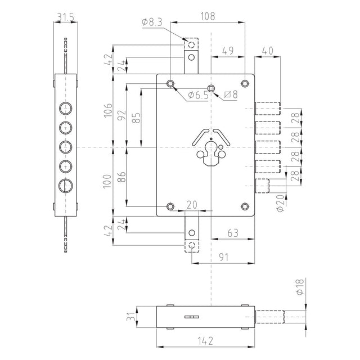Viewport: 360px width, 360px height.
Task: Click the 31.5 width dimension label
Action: pos(66,17)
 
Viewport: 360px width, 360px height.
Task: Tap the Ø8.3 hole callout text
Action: pos(152,22)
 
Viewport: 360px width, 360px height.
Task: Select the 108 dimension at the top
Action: pos(208,16)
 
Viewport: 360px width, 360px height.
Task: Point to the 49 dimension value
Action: pos(228,51)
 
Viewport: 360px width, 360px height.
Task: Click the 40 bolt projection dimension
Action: pos(268,51)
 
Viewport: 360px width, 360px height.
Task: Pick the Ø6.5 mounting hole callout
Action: pos(199,95)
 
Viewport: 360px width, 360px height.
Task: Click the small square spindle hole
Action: pos(211,88)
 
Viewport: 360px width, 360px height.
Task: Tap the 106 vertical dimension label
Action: pos(108,110)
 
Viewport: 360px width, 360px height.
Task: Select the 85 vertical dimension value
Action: pos(137,118)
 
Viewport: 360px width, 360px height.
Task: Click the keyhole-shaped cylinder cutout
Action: pos(211,154)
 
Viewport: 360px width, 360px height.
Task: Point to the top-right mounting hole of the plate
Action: pos(245,83)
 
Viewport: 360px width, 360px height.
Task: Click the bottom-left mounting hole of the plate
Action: pos(170,206)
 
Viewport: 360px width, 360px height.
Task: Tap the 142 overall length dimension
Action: pos(205,341)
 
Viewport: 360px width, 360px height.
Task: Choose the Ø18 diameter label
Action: pos(300,287)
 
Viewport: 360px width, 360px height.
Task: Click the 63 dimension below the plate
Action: pos(233,233)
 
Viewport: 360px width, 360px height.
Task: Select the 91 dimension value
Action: pos(224,257)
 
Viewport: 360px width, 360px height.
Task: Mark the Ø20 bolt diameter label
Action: pos(280,203)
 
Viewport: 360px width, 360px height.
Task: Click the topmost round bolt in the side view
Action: pos(66,109)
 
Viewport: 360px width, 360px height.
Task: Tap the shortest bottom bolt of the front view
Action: pos(262,186)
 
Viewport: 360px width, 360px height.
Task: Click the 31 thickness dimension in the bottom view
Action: pos(131,317)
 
